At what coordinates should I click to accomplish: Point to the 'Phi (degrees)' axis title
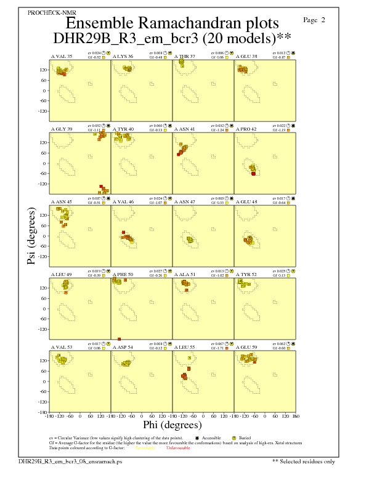pyautogui.click(x=172, y=425)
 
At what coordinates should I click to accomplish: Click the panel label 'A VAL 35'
pyautogui.click(x=61, y=56)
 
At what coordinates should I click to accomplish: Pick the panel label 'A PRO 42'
pyautogui.click(x=246, y=129)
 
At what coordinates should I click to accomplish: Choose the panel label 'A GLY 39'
pyautogui.click(x=61, y=129)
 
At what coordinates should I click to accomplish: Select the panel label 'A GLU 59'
pyautogui.click(x=246, y=348)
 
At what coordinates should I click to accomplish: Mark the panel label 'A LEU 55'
pyautogui.click(x=184, y=348)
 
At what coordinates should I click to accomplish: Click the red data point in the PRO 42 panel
pyautogui.click(x=254, y=174)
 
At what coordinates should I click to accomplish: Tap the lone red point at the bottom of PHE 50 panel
pyautogui.click(x=120, y=339)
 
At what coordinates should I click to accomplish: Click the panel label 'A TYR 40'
pyautogui.click(x=123, y=129)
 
